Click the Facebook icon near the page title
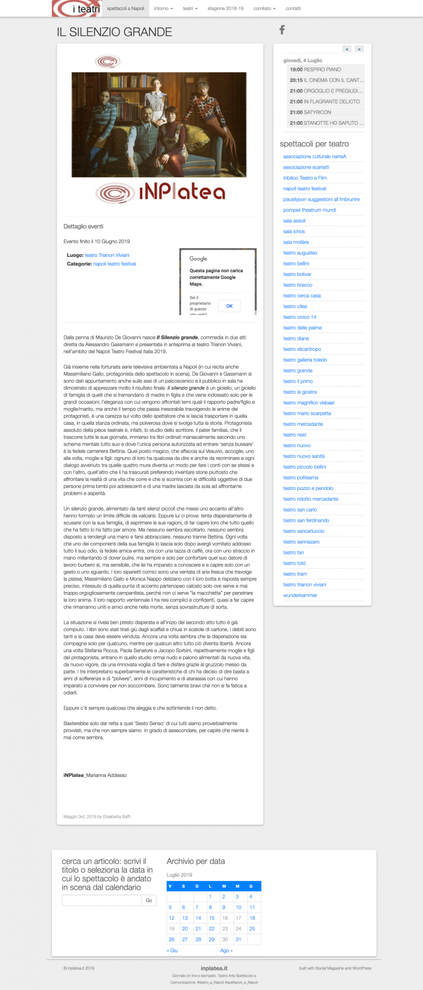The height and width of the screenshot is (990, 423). pyautogui.click(x=282, y=30)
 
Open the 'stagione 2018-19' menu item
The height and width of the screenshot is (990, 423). pyautogui.click(x=225, y=8)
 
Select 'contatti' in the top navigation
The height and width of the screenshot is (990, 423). pyautogui.click(x=293, y=8)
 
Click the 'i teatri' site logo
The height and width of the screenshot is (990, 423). pyautogui.click(x=77, y=8)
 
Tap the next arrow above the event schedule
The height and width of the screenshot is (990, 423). pyautogui.click(x=359, y=49)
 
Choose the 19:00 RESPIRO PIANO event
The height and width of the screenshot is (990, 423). pyautogui.click(x=315, y=70)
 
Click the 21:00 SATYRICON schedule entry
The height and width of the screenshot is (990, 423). pyautogui.click(x=310, y=113)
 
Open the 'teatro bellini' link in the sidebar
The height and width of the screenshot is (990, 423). pyautogui.click(x=296, y=264)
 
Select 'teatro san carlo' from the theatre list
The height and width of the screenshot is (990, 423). pyautogui.click(x=300, y=510)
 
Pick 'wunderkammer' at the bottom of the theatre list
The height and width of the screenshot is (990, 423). pyautogui.click(x=300, y=596)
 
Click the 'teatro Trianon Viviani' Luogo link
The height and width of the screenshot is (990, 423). pyautogui.click(x=107, y=255)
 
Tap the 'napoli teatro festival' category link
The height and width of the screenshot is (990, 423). pyautogui.click(x=114, y=264)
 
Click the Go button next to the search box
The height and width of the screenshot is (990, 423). pyautogui.click(x=149, y=900)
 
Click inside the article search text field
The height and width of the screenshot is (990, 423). pyautogui.click(x=102, y=900)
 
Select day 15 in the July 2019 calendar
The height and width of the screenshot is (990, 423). pyautogui.click(x=212, y=918)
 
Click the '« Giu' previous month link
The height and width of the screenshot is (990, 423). pyautogui.click(x=172, y=950)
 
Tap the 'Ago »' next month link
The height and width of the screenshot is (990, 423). pyautogui.click(x=226, y=950)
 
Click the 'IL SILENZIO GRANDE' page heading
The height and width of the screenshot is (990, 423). pyautogui.click(x=114, y=32)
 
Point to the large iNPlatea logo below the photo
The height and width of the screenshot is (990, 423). pyautogui.click(x=161, y=192)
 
